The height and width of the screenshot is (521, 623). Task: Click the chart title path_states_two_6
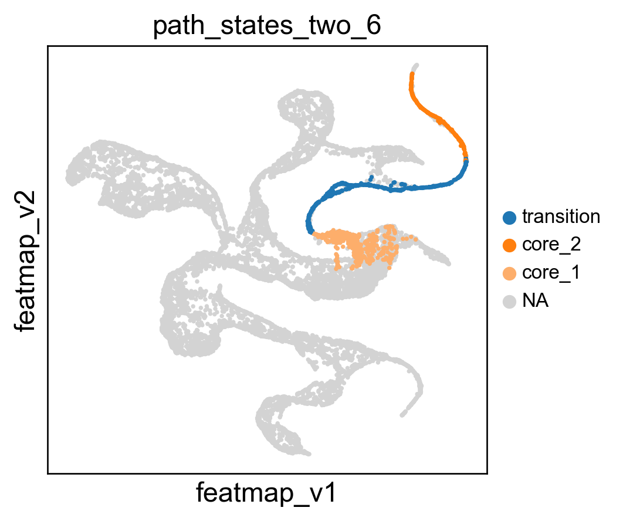click(267, 26)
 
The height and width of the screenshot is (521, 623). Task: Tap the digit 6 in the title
click(374, 25)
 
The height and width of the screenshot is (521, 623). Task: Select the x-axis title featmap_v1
click(266, 493)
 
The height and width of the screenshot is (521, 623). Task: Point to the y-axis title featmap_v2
click(25, 260)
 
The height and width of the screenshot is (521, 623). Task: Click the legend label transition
click(561, 217)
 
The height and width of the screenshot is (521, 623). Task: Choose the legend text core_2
click(551, 245)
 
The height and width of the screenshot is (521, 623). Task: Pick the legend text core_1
click(551, 273)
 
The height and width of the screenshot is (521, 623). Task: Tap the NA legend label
click(535, 301)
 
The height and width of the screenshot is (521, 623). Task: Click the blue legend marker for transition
click(509, 218)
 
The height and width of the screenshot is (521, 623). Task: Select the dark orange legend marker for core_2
click(509, 245)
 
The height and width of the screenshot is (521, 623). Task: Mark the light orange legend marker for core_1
click(509, 273)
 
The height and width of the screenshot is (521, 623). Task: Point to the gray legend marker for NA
click(509, 302)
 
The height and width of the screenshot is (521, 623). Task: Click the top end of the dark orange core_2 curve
click(412, 73)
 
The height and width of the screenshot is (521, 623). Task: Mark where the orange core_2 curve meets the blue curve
click(466, 159)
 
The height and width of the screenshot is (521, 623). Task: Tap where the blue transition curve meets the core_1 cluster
click(313, 233)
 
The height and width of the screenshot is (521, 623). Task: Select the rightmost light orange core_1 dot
click(415, 239)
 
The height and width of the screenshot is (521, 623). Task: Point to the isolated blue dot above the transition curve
click(371, 177)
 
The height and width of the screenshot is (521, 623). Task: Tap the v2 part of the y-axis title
click(25, 204)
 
